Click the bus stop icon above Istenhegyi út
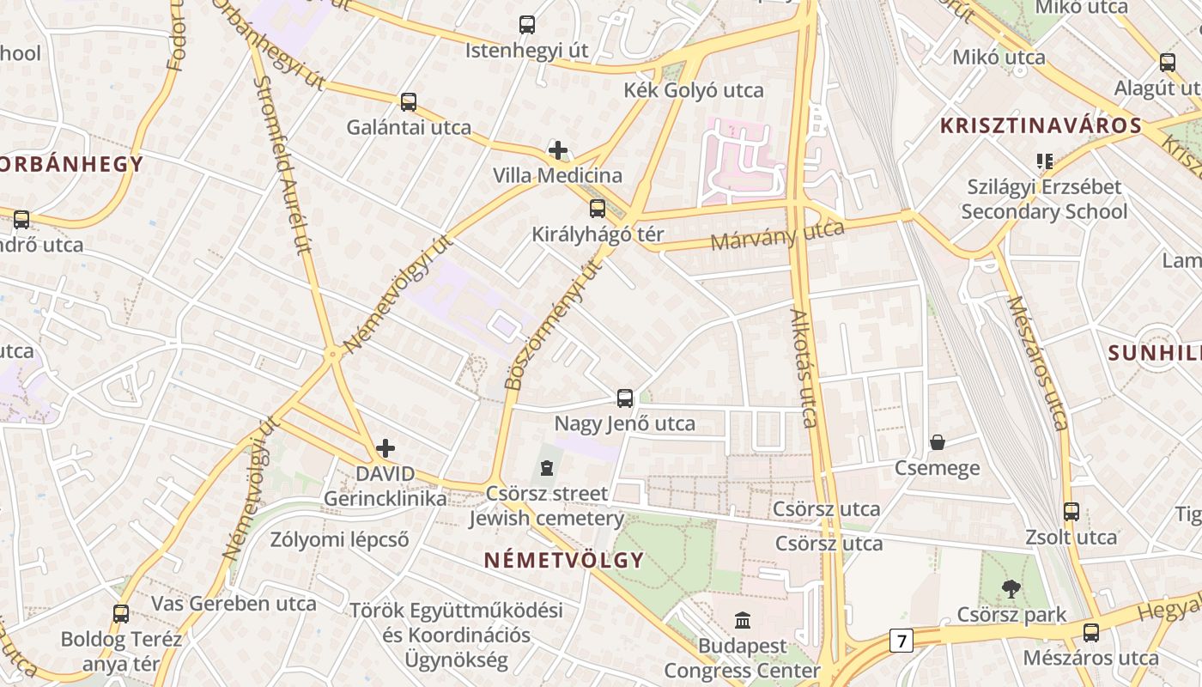527,25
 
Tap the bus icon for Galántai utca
409,102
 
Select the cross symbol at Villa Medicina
558,151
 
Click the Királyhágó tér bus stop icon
598,209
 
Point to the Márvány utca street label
777,234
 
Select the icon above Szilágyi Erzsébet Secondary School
1045,161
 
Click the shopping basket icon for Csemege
938,442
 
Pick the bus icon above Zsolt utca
1071,512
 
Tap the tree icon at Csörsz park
1011,589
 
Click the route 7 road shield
901,640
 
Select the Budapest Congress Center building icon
743,619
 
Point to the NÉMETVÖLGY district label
563,561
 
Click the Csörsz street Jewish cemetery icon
547,468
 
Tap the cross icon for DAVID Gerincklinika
385,448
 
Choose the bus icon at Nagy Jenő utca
625,398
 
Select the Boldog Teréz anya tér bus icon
121,614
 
